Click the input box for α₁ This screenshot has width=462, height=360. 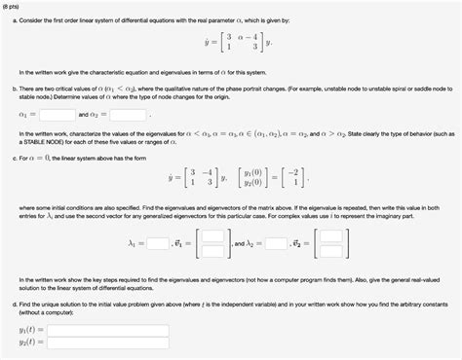tap(58, 114)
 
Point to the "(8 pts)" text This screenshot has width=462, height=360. tap(15, 5)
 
